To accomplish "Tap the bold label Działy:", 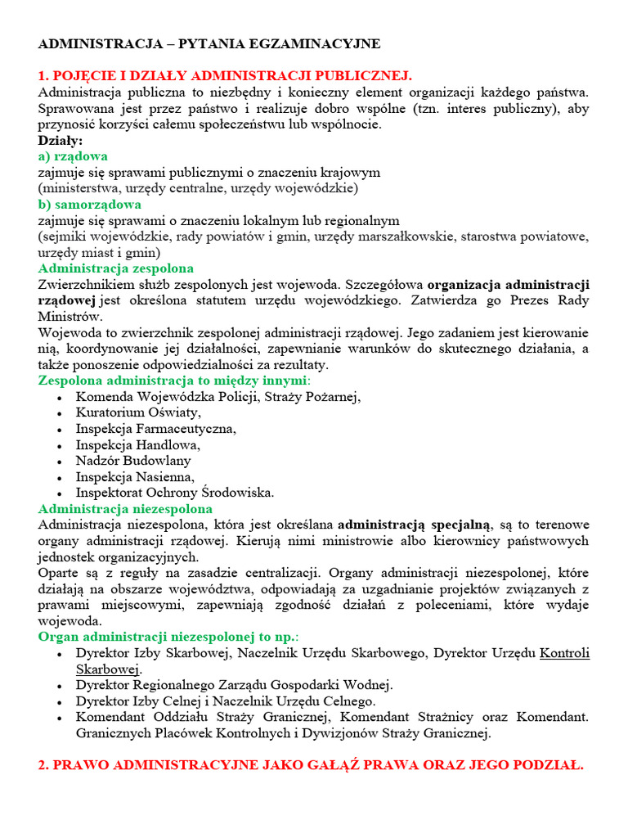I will [x=61, y=140].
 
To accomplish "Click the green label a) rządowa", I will [x=73, y=155].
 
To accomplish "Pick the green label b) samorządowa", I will [x=90, y=204].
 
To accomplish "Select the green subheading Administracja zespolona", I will [x=116, y=268].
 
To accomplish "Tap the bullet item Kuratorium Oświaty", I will [x=137, y=412].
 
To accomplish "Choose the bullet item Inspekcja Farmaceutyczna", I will [x=155, y=429].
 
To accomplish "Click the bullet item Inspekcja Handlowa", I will [x=137, y=445].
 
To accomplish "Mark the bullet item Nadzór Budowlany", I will [x=133, y=461].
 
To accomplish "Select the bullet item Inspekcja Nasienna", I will [x=135, y=477].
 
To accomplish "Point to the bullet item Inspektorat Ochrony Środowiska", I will [x=175, y=493].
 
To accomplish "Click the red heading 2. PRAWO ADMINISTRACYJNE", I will [x=310, y=766].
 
